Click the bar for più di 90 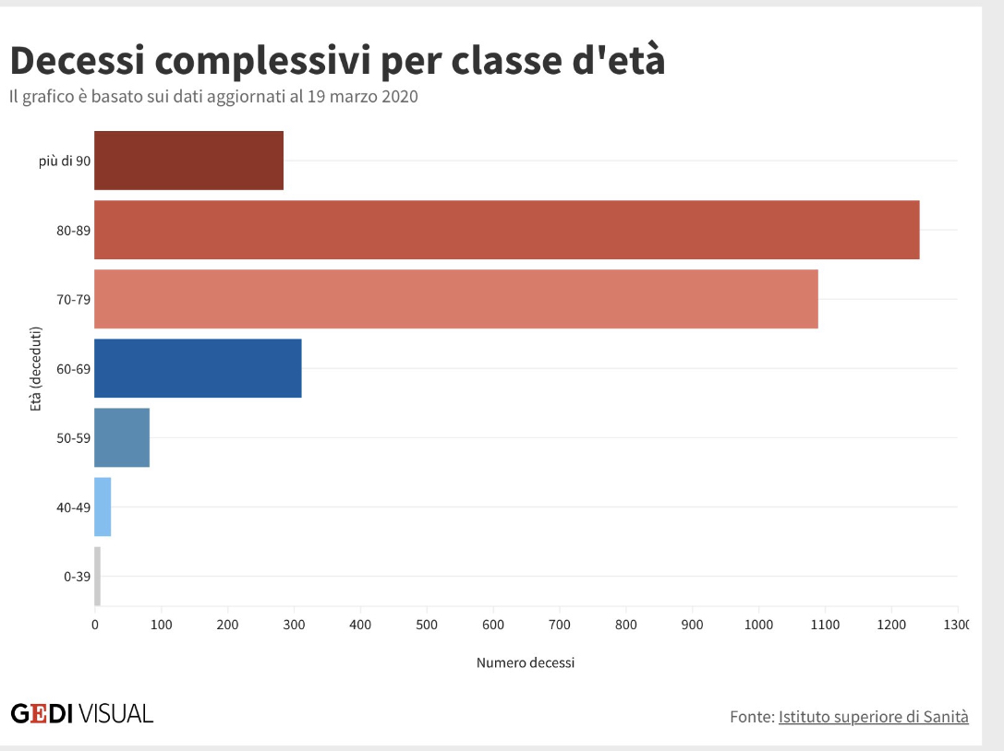(188, 161)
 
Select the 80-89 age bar (506, 230)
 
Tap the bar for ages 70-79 (455, 299)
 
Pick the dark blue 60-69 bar (198, 368)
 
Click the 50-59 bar (122, 437)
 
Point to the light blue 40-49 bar (103, 507)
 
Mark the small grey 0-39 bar (97, 577)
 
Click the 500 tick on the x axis (427, 625)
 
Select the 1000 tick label (758, 625)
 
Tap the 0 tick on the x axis (95, 625)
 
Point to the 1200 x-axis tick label (891, 625)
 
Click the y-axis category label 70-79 (73, 299)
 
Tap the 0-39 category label (77, 577)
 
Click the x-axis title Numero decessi (525, 662)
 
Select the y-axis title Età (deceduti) (36, 368)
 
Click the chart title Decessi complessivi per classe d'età (337, 61)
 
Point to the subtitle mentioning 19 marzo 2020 (213, 97)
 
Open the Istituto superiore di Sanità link (873, 716)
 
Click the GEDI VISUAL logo (82, 713)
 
